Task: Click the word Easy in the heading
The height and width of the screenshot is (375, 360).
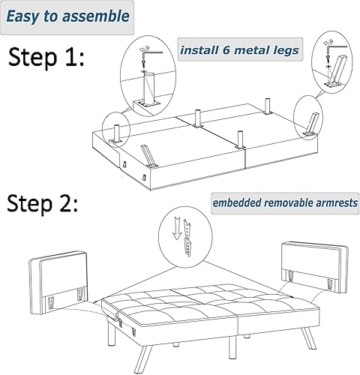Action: (31, 15)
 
